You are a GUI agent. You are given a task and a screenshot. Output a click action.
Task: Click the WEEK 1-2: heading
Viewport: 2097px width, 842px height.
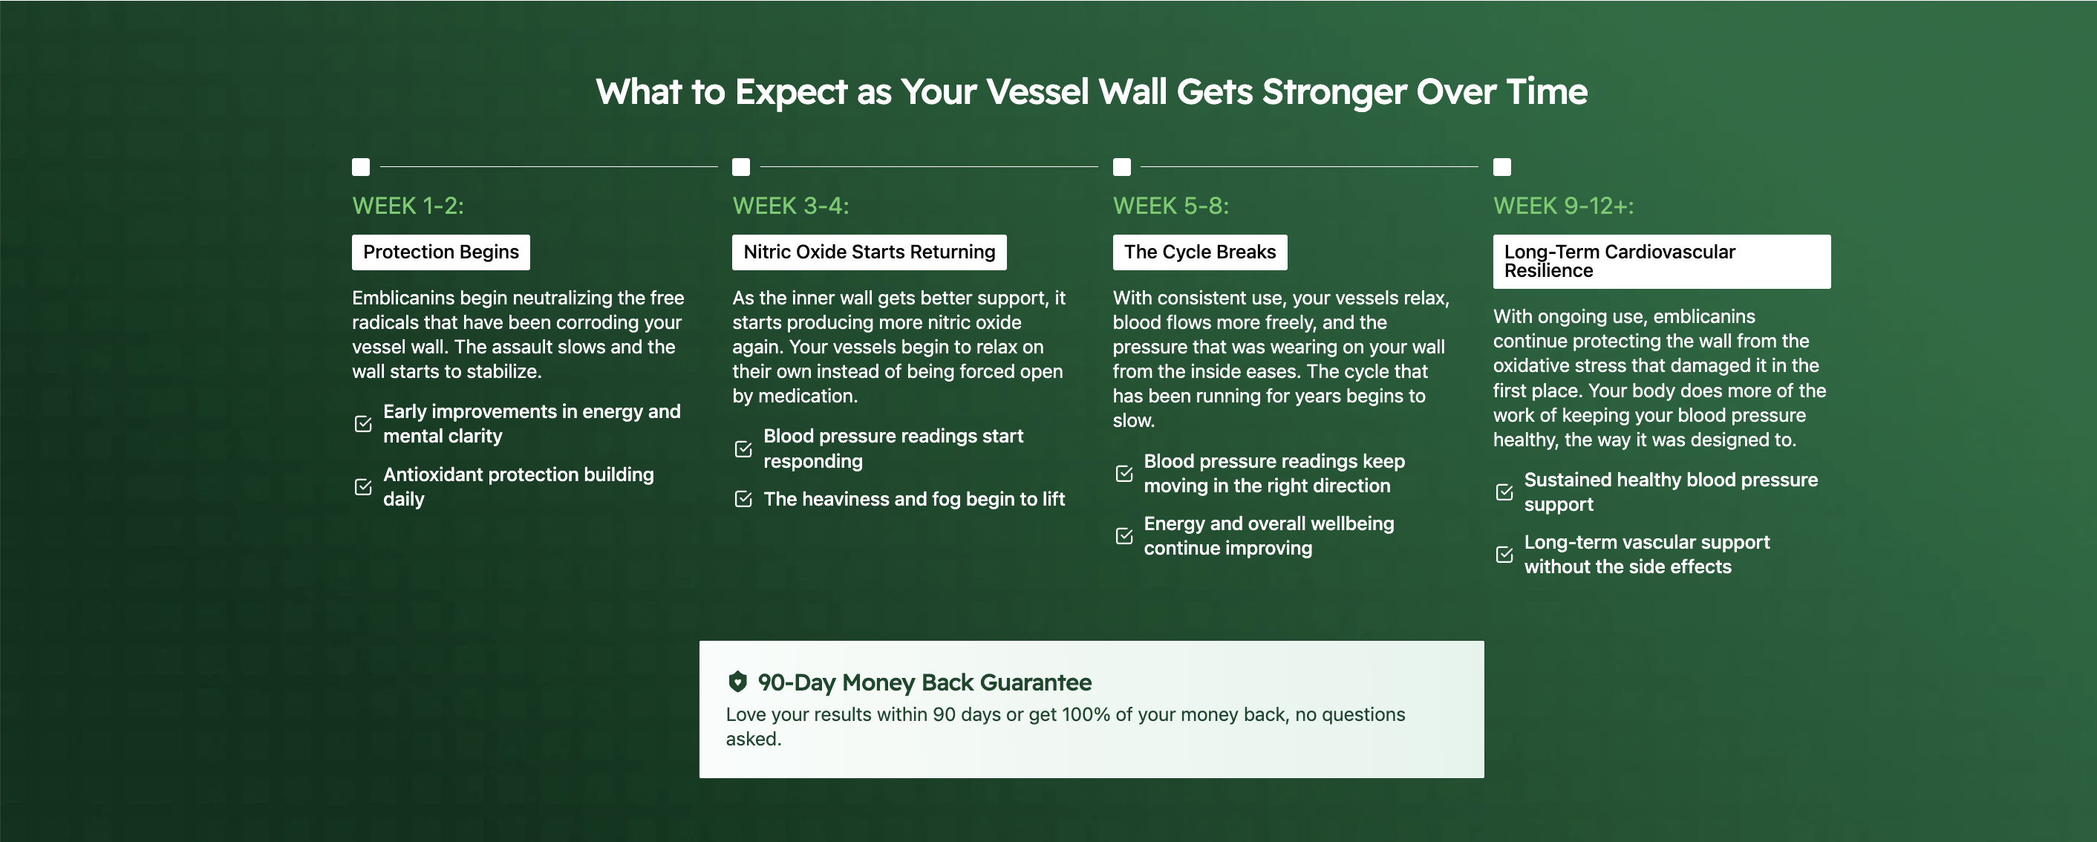tap(408, 206)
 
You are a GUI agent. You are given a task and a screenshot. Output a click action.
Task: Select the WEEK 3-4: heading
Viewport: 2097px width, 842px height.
tap(790, 206)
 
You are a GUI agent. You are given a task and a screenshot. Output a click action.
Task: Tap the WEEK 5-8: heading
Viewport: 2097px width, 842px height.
tap(1170, 206)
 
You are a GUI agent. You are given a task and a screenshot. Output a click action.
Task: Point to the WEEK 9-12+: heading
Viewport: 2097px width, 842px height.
tap(1563, 206)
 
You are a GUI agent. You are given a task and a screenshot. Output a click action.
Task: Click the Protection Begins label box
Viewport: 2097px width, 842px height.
tap(440, 252)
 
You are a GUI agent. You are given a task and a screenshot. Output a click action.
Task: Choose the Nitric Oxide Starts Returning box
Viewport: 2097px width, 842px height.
tap(870, 252)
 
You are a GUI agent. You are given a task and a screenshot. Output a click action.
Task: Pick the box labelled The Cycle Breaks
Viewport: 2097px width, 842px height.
tap(1200, 252)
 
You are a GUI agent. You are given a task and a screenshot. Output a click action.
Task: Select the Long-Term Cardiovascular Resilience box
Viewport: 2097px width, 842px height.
tap(1661, 261)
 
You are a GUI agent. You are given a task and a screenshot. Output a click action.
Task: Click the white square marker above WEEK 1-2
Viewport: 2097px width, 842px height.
tap(361, 167)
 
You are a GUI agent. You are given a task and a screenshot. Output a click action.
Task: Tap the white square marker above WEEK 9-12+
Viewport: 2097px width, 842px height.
tap(1502, 167)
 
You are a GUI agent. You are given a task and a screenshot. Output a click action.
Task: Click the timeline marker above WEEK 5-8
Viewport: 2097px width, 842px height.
tap(1122, 167)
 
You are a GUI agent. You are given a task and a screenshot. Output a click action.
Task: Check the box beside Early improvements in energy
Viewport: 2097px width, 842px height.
tap(363, 423)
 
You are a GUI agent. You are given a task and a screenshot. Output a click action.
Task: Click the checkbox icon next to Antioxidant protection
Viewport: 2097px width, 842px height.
tap(363, 487)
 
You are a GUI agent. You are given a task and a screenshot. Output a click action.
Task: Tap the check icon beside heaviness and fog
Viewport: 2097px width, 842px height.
tap(743, 499)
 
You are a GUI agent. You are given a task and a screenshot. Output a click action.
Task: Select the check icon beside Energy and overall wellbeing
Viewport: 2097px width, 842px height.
tap(1124, 536)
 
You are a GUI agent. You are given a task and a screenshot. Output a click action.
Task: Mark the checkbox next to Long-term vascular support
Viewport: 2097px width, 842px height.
tap(1504, 555)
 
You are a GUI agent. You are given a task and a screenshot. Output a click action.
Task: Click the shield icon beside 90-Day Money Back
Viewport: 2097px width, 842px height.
tap(737, 682)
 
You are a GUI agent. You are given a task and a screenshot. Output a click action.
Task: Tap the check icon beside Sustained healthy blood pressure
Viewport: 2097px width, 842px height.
tap(1504, 492)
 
